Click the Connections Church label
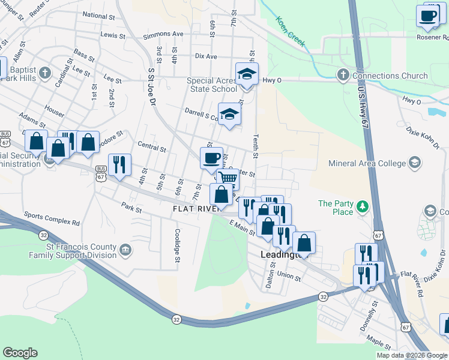[390, 76]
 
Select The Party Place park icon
[362, 207]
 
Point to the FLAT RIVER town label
[196, 209]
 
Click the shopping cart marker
[228, 178]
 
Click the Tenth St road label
[256, 147]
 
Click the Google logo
[20, 353]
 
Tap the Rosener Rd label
[432, 37]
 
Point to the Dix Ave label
[206, 56]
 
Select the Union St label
[289, 277]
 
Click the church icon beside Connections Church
[343, 76]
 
